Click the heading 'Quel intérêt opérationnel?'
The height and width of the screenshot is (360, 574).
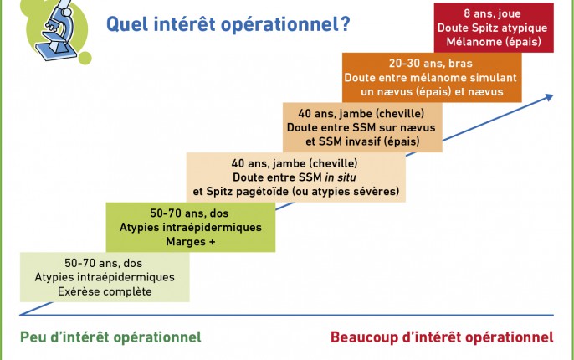(x=228, y=24)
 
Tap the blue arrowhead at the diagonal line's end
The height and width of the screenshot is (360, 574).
(x=549, y=97)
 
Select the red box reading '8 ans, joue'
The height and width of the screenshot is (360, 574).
(x=494, y=28)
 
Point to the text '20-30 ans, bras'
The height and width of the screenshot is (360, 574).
(x=430, y=64)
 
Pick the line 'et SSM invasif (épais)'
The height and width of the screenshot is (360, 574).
(x=362, y=141)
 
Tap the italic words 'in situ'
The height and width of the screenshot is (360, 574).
(x=341, y=177)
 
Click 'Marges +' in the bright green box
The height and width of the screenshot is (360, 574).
(x=191, y=241)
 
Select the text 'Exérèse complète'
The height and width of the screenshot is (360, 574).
(x=105, y=291)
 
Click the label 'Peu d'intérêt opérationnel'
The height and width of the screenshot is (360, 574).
(x=110, y=337)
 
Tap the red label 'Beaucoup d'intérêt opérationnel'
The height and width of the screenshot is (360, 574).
(x=442, y=337)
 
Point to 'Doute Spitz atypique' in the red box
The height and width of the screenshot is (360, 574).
(x=492, y=28)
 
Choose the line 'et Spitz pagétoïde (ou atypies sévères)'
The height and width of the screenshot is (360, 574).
(x=296, y=191)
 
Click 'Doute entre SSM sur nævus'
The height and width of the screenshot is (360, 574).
(x=361, y=127)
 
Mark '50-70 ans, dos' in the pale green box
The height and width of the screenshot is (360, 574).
(x=103, y=263)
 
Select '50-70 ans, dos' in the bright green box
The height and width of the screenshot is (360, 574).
(x=189, y=213)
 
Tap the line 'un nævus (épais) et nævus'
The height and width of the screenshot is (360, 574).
(x=432, y=91)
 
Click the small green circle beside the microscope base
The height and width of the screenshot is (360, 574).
(x=85, y=59)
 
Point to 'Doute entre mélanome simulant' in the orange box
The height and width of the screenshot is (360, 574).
(x=430, y=78)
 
